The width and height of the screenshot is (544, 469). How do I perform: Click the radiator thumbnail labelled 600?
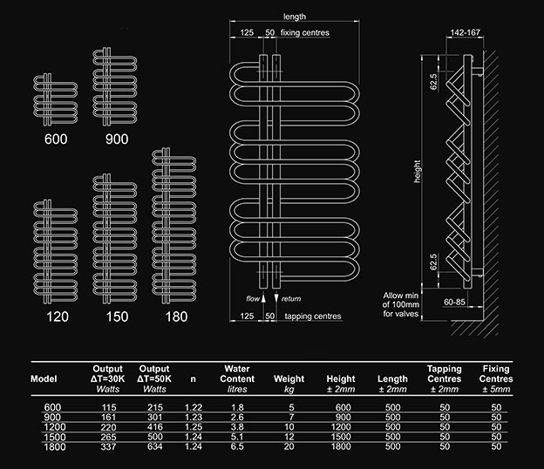(x=56, y=99)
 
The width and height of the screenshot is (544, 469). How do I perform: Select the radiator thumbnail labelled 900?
(x=115, y=86)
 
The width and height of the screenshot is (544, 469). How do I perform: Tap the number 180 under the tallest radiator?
(x=176, y=316)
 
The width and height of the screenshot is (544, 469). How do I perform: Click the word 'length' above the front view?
(x=295, y=17)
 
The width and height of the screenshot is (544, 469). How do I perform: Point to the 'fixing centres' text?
(x=305, y=32)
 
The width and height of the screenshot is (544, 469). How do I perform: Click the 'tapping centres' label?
(x=313, y=316)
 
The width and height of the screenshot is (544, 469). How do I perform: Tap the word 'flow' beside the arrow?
(x=253, y=299)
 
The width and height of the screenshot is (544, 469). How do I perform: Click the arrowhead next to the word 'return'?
(x=276, y=298)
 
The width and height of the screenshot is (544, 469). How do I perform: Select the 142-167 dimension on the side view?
(x=465, y=32)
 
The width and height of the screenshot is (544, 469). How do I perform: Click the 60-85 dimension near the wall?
(x=454, y=302)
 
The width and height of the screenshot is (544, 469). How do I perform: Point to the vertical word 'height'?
(x=417, y=171)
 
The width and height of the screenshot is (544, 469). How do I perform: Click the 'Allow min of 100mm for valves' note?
(x=401, y=304)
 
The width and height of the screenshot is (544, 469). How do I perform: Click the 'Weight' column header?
(x=289, y=378)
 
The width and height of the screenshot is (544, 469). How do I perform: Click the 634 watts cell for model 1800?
(x=154, y=446)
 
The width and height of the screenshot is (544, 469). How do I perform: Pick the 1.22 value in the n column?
(x=194, y=407)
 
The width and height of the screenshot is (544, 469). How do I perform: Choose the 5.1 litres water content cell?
(x=237, y=437)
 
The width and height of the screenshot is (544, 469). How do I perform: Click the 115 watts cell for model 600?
(x=108, y=407)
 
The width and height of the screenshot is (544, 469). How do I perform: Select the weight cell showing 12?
(x=289, y=437)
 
